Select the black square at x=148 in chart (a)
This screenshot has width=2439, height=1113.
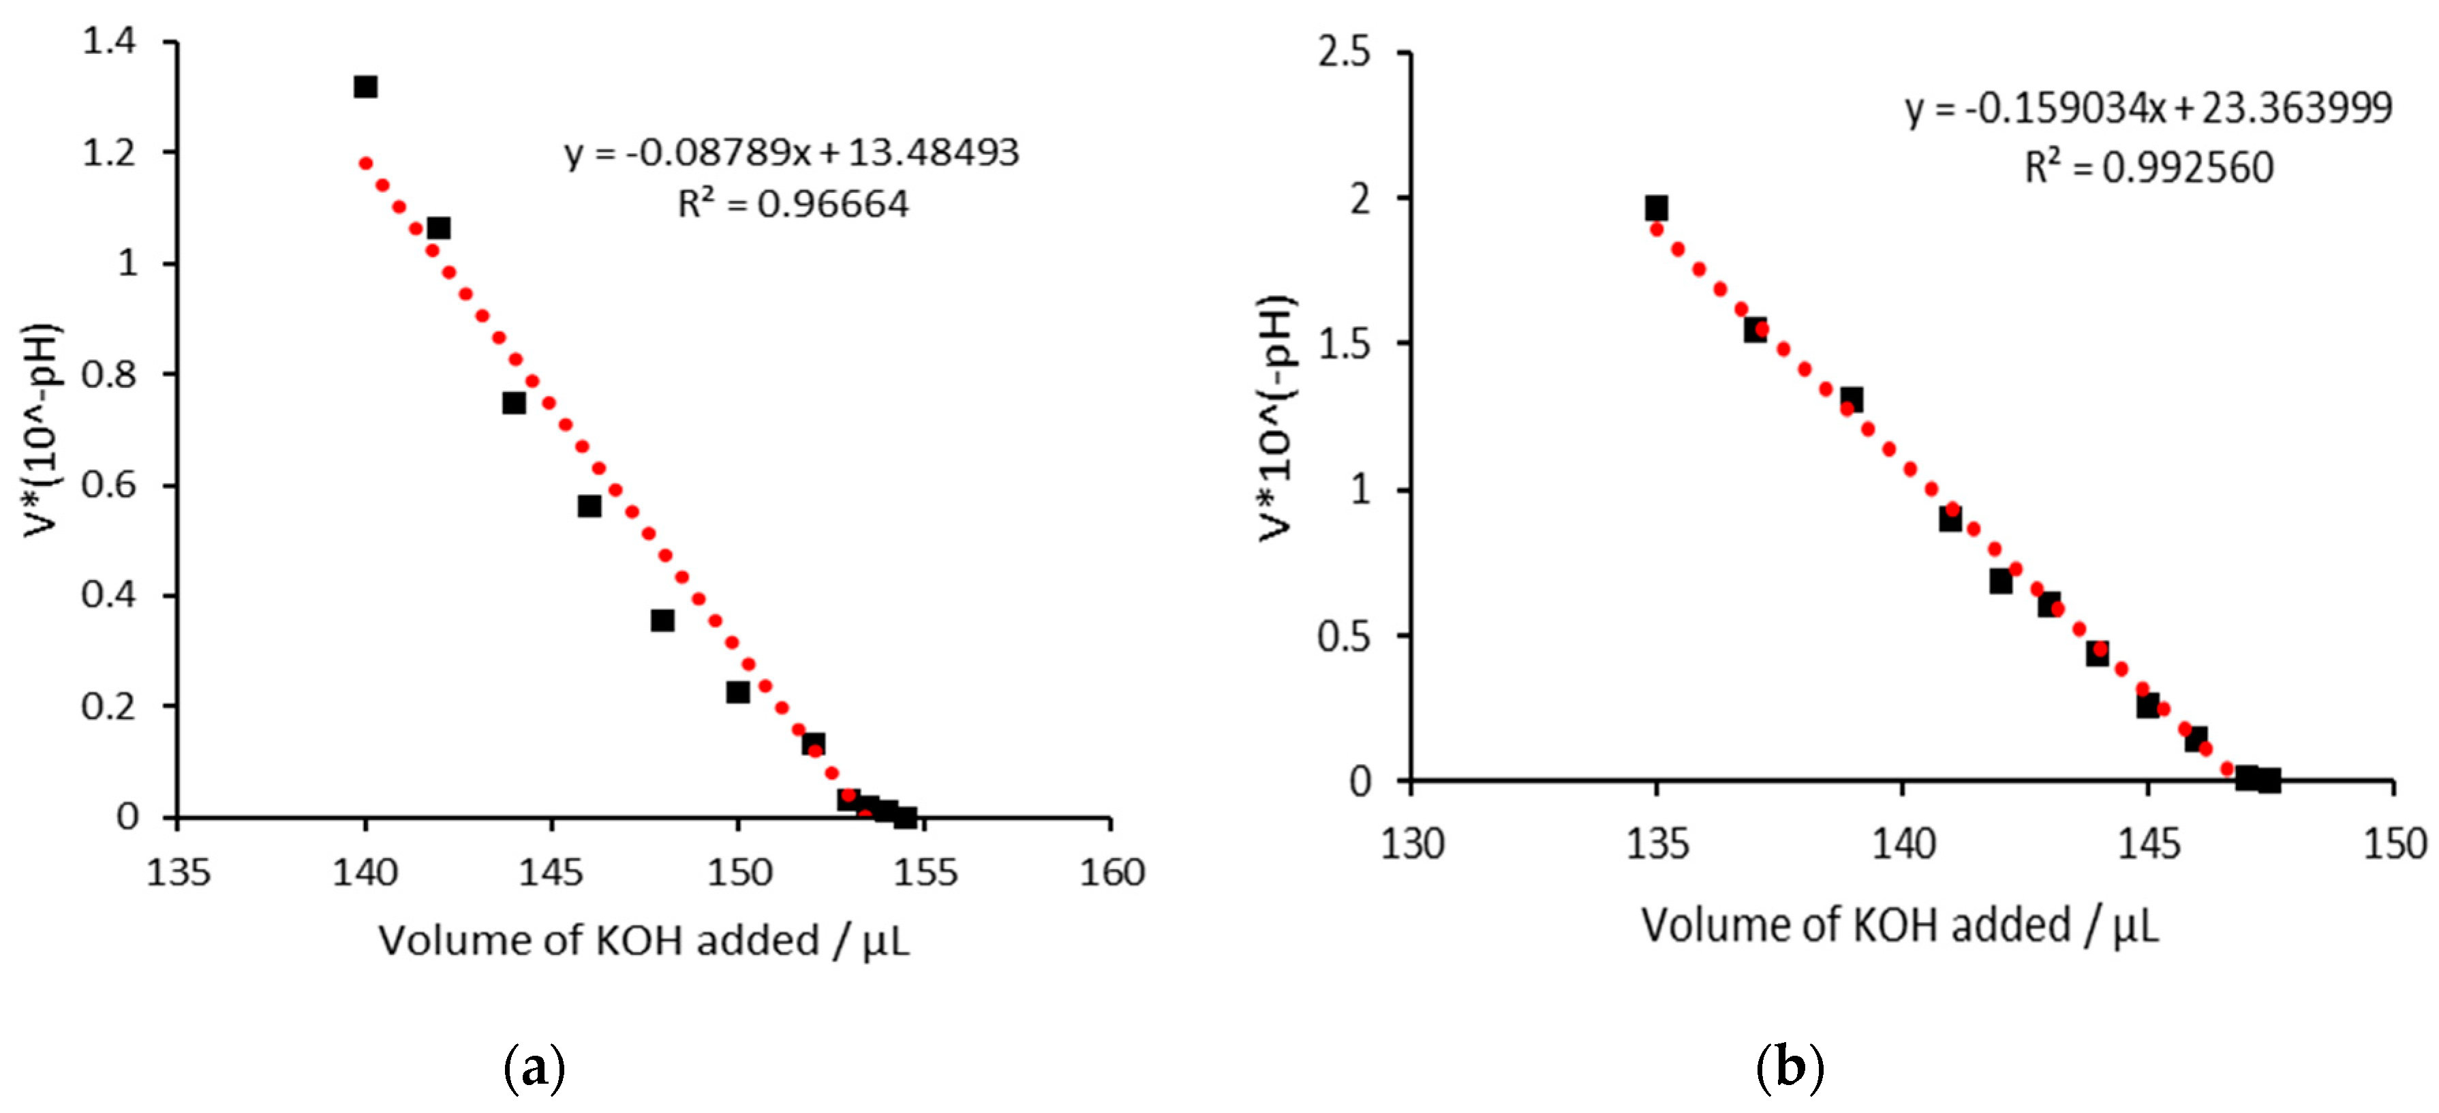[x=663, y=620]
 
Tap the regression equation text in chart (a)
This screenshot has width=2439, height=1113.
[x=792, y=153]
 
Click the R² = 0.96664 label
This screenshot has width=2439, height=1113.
[x=793, y=204]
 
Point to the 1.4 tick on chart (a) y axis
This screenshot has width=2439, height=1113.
[x=109, y=42]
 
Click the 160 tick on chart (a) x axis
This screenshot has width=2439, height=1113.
[x=1111, y=872]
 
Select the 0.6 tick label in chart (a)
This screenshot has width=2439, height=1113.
[x=109, y=485]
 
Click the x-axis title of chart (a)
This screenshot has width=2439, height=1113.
[x=644, y=941]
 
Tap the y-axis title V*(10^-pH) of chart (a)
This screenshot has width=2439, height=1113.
[x=44, y=431]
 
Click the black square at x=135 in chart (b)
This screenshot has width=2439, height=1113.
[x=1656, y=209]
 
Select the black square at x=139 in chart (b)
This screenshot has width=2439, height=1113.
[x=1852, y=399]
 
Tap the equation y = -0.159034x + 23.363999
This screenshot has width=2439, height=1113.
[x=2148, y=109]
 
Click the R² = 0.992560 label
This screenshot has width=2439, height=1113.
[x=2148, y=168]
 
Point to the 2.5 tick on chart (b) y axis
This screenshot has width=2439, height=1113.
[x=1344, y=52]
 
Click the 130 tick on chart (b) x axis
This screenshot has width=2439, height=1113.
[x=1412, y=843]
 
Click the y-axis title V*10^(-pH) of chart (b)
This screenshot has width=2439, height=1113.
[x=1277, y=417]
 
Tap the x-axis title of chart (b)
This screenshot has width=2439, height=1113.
[x=1899, y=926]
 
